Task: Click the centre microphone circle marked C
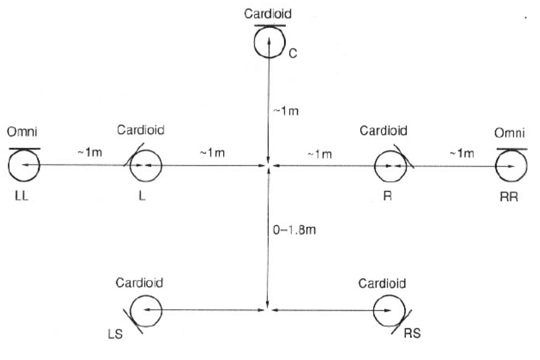click(269, 42)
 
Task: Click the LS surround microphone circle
click(145, 309)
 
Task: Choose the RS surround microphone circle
click(388, 309)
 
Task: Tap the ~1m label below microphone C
click(286, 110)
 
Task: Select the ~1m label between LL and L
click(90, 153)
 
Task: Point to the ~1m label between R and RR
click(460, 153)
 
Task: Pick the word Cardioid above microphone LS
click(139, 283)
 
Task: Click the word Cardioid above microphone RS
click(383, 283)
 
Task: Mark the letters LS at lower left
click(123, 335)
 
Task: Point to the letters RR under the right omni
click(510, 198)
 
